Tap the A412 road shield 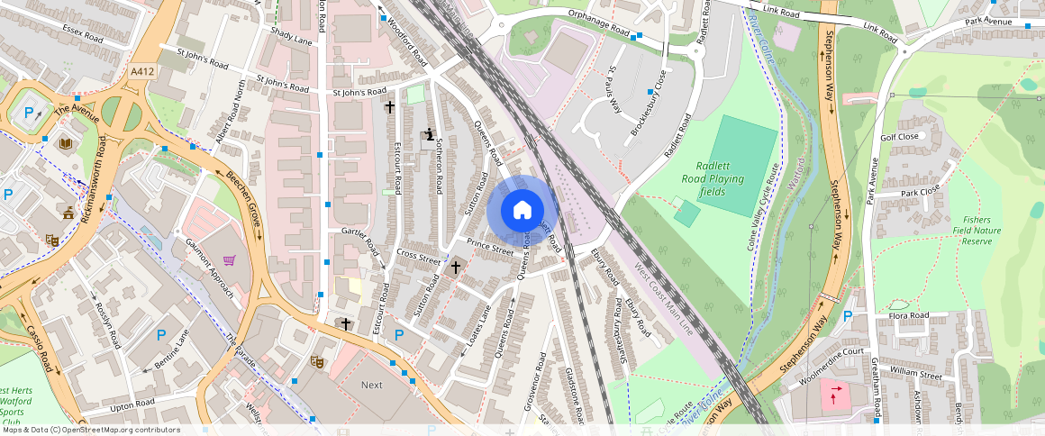coord(141,71)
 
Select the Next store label coord(371,385)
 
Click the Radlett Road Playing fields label coord(720,178)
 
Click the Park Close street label coord(920,191)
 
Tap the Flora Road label coord(908,316)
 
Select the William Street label coord(914,371)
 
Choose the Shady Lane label coord(291,36)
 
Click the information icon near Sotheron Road coord(430,135)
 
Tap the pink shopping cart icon coord(230,260)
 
